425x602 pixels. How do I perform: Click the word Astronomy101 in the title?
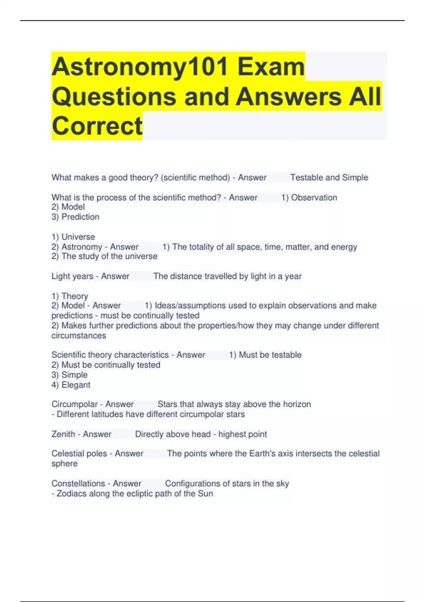[x=140, y=67]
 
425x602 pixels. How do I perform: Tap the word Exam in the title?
[x=271, y=67]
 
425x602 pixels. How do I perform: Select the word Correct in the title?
[x=97, y=126]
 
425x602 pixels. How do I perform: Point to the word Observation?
[x=314, y=198]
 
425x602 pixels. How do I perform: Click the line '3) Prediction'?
[x=75, y=217]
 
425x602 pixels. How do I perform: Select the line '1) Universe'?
[x=73, y=237]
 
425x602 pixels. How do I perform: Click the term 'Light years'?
[x=72, y=276]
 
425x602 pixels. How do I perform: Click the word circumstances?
[x=79, y=335]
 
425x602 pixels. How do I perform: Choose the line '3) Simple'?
[x=69, y=375]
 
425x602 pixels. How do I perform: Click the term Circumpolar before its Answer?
[x=74, y=404]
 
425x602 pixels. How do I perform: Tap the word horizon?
[x=297, y=404]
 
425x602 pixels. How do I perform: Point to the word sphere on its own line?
[x=64, y=464]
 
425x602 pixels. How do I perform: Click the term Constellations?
[x=78, y=483]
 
